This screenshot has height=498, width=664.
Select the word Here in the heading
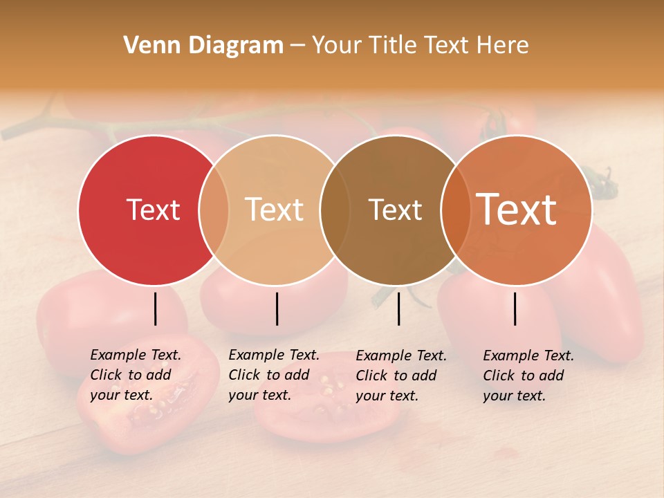point(502,46)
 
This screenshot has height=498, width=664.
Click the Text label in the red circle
point(153,210)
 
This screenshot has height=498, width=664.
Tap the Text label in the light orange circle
point(274,210)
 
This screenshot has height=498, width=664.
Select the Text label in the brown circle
point(395,210)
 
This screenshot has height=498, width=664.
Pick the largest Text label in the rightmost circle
point(516,210)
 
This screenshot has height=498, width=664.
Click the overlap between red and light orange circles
point(214,210)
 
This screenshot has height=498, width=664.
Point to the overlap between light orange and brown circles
point(335,210)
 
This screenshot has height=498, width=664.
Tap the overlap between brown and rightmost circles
point(455,210)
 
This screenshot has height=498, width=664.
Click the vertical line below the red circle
point(156,308)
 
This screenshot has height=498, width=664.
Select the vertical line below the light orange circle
point(277,308)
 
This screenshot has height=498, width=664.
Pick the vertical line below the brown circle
point(398,308)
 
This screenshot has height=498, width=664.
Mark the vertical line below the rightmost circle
point(515,308)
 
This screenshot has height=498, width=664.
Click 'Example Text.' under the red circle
point(136,355)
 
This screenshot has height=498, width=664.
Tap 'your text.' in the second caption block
point(259,395)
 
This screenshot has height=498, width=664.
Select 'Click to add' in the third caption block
point(396,376)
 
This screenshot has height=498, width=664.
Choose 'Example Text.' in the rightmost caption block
point(528,356)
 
